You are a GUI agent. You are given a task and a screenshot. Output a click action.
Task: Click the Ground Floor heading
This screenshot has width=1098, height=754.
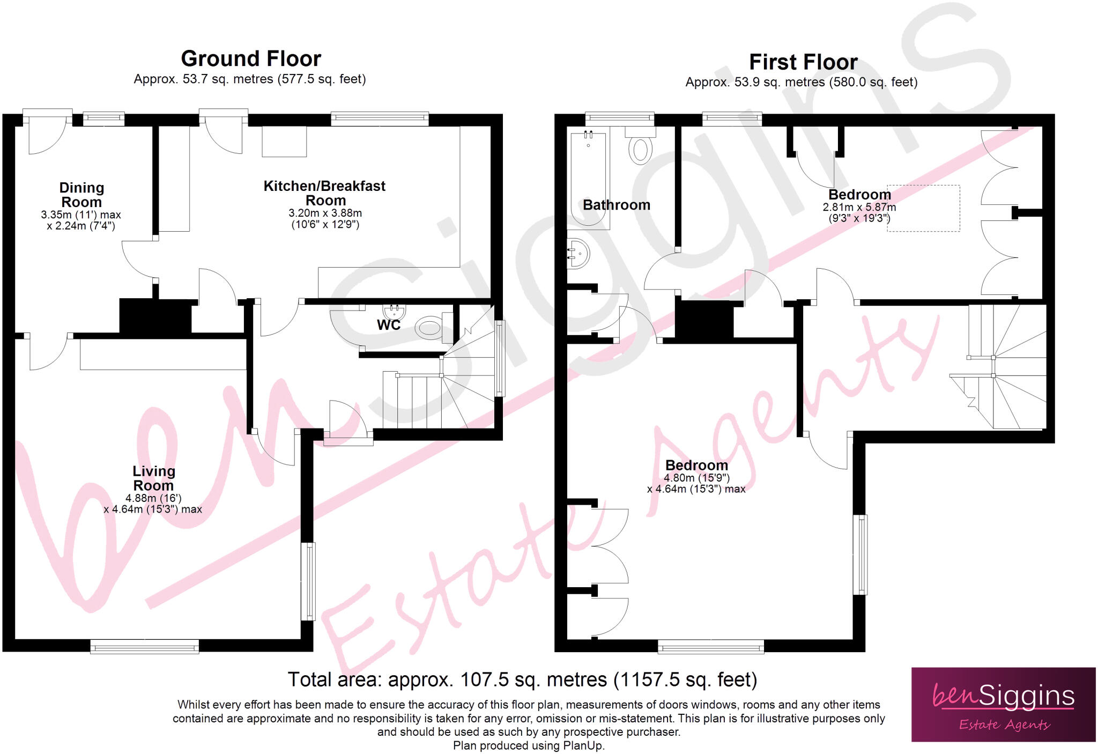coord(251,58)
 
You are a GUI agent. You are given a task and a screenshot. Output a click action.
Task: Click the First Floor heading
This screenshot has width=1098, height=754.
coord(803,62)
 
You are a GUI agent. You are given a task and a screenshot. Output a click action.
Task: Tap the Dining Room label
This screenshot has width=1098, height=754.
coord(81,195)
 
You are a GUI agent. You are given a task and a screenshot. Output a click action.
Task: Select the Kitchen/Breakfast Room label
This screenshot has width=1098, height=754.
coord(324,193)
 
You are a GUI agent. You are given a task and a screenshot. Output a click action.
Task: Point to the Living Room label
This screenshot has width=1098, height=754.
coord(153,478)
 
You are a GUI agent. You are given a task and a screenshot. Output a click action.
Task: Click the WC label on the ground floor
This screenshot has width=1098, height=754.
coord(388,325)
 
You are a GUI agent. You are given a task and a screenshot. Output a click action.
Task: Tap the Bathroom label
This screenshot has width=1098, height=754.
coord(616,205)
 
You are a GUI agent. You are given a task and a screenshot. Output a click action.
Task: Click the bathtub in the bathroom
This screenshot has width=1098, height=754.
coord(588,180)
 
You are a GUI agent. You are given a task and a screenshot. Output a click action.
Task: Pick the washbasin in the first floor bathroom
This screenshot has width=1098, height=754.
coord(579,253)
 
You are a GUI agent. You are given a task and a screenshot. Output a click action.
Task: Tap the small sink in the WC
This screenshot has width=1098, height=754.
coord(395,311)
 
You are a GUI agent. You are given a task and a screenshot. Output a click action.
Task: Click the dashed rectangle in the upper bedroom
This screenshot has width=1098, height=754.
coord(923,208)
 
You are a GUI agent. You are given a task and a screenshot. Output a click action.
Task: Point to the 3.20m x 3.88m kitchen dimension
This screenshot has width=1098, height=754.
coord(325,213)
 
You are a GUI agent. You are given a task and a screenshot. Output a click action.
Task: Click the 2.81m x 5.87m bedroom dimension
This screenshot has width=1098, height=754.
coord(859,207)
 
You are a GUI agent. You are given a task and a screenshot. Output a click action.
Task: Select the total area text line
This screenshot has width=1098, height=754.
coord(522,679)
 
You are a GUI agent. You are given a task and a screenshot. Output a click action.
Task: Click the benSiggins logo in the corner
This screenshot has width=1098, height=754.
coord(1003,705)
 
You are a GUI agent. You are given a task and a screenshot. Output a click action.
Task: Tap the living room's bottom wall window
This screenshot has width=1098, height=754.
coord(145,647)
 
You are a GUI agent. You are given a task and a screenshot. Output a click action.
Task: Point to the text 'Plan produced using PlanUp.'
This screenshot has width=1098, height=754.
coord(529,746)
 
